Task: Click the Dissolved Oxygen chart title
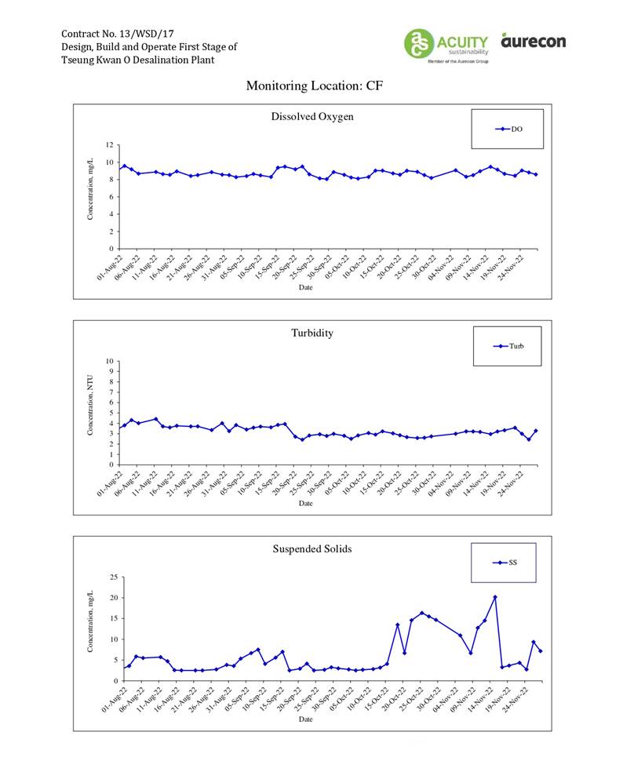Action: [312, 117]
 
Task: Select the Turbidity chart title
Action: [312, 333]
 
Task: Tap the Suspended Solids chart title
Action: [312, 548]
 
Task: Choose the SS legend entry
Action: [505, 563]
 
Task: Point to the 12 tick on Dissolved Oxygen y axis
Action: [111, 145]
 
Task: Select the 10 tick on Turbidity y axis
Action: [111, 362]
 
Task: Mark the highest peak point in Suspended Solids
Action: [495, 597]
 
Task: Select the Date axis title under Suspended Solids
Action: [305, 719]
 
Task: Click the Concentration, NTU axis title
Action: [90, 404]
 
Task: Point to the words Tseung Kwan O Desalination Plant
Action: [137, 60]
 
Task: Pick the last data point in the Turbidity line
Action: [536, 431]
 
